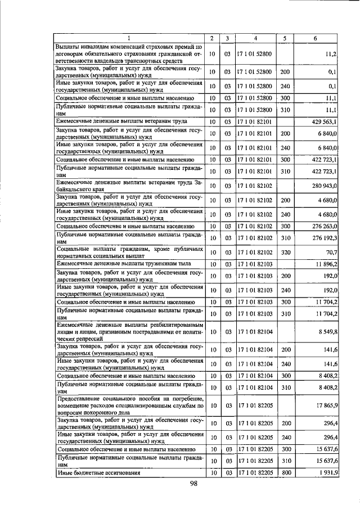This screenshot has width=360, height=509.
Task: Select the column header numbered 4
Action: [x=255, y=38]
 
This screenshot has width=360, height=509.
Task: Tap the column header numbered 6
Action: [x=314, y=38]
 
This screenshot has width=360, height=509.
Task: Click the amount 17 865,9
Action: [x=326, y=405]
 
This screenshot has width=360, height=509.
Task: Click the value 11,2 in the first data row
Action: [x=331, y=54]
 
